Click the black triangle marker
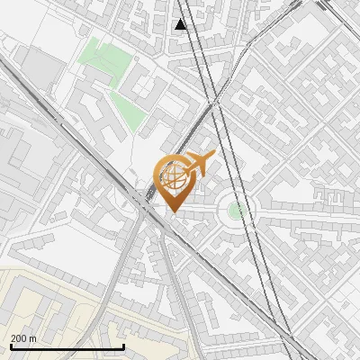click(181, 24)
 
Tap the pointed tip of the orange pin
click(173, 212)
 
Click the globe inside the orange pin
click(173, 177)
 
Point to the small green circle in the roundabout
click(236, 211)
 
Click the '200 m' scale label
click(24, 338)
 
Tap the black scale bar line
click(67, 347)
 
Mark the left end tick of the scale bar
click(11, 346)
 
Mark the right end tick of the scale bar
click(122, 346)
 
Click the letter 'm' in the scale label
click(33, 338)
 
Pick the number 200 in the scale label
click(19, 338)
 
